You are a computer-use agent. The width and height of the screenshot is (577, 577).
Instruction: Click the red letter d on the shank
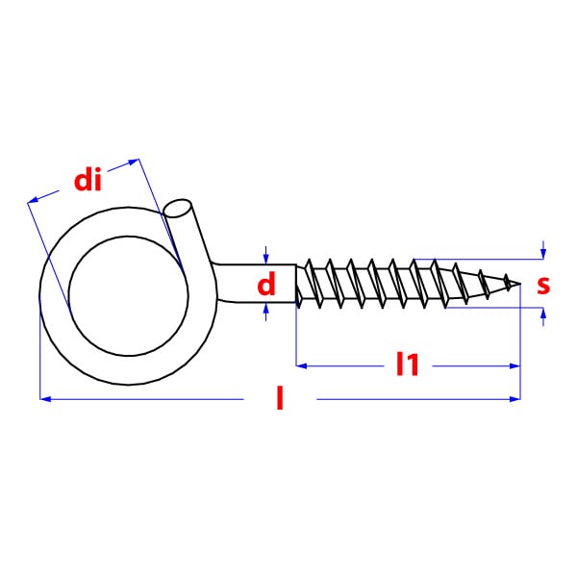point(266,284)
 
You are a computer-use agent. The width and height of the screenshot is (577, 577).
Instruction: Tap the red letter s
point(543,285)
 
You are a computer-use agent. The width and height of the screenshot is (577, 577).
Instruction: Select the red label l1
point(408,364)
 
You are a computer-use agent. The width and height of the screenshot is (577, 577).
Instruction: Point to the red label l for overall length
point(280,398)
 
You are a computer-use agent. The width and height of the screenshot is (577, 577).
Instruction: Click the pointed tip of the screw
point(520,284)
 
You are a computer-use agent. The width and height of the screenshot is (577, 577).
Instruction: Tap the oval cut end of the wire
point(177,209)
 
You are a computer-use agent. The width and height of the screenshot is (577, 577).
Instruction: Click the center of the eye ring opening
point(128,296)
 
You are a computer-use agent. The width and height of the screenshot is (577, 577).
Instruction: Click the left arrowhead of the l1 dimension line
point(301,365)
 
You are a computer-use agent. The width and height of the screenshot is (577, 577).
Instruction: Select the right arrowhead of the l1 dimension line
point(514,365)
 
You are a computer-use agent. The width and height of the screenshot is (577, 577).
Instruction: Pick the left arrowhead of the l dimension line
point(45,398)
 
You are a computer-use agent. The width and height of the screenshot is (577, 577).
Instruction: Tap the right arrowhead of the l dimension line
point(514,398)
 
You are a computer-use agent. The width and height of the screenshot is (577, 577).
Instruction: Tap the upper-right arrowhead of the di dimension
point(134,162)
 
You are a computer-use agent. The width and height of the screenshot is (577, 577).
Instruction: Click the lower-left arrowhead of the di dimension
point(33,200)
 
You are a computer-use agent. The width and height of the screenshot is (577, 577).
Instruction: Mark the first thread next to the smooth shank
point(309,284)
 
